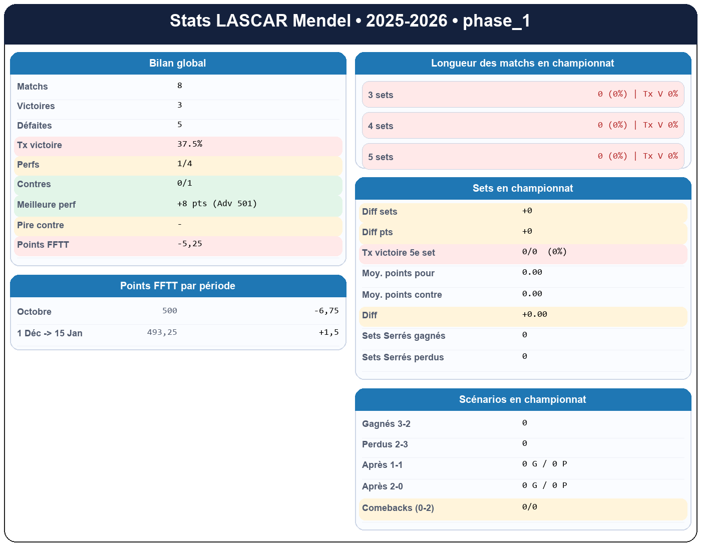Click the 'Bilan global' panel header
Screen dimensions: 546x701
pyautogui.click(x=178, y=64)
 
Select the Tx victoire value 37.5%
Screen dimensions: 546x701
pyautogui.click(x=190, y=144)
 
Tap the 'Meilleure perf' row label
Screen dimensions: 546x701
pyautogui.click(x=46, y=205)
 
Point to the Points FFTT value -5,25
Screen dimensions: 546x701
pyautogui.click(x=190, y=244)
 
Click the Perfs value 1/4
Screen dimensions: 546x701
pyautogui.click(x=185, y=164)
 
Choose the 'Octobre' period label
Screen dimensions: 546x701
pyautogui.click(x=34, y=312)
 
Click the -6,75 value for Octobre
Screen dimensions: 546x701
pyautogui.click(x=326, y=311)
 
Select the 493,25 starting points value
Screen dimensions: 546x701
pyautogui.click(x=162, y=332)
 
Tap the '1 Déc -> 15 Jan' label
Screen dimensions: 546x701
pyautogui.click(x=50, y=333)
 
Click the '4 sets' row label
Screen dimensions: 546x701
pyautogui.click(x=381, y=126)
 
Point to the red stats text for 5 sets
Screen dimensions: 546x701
pyautogui.click(x=637, y=156)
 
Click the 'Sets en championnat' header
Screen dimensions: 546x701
pyautogui.click(x=523, y=189)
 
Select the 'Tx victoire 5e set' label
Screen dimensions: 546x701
pyautogui.click(x=399, y=253)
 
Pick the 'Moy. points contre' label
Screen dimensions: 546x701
pyautogui.click(x=402, y=295)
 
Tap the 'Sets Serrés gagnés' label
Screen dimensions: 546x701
pyautogui.click(x=404, y=336)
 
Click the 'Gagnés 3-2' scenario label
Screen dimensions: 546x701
pyautogui.click(x=386, y=424)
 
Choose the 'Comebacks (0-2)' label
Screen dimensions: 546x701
pyautogui.click(x=398, y=508)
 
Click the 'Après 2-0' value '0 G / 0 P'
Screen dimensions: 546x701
pyautogui.click(x=544, y=485)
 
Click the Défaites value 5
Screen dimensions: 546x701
pyautogui.click(x=180, y=125)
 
